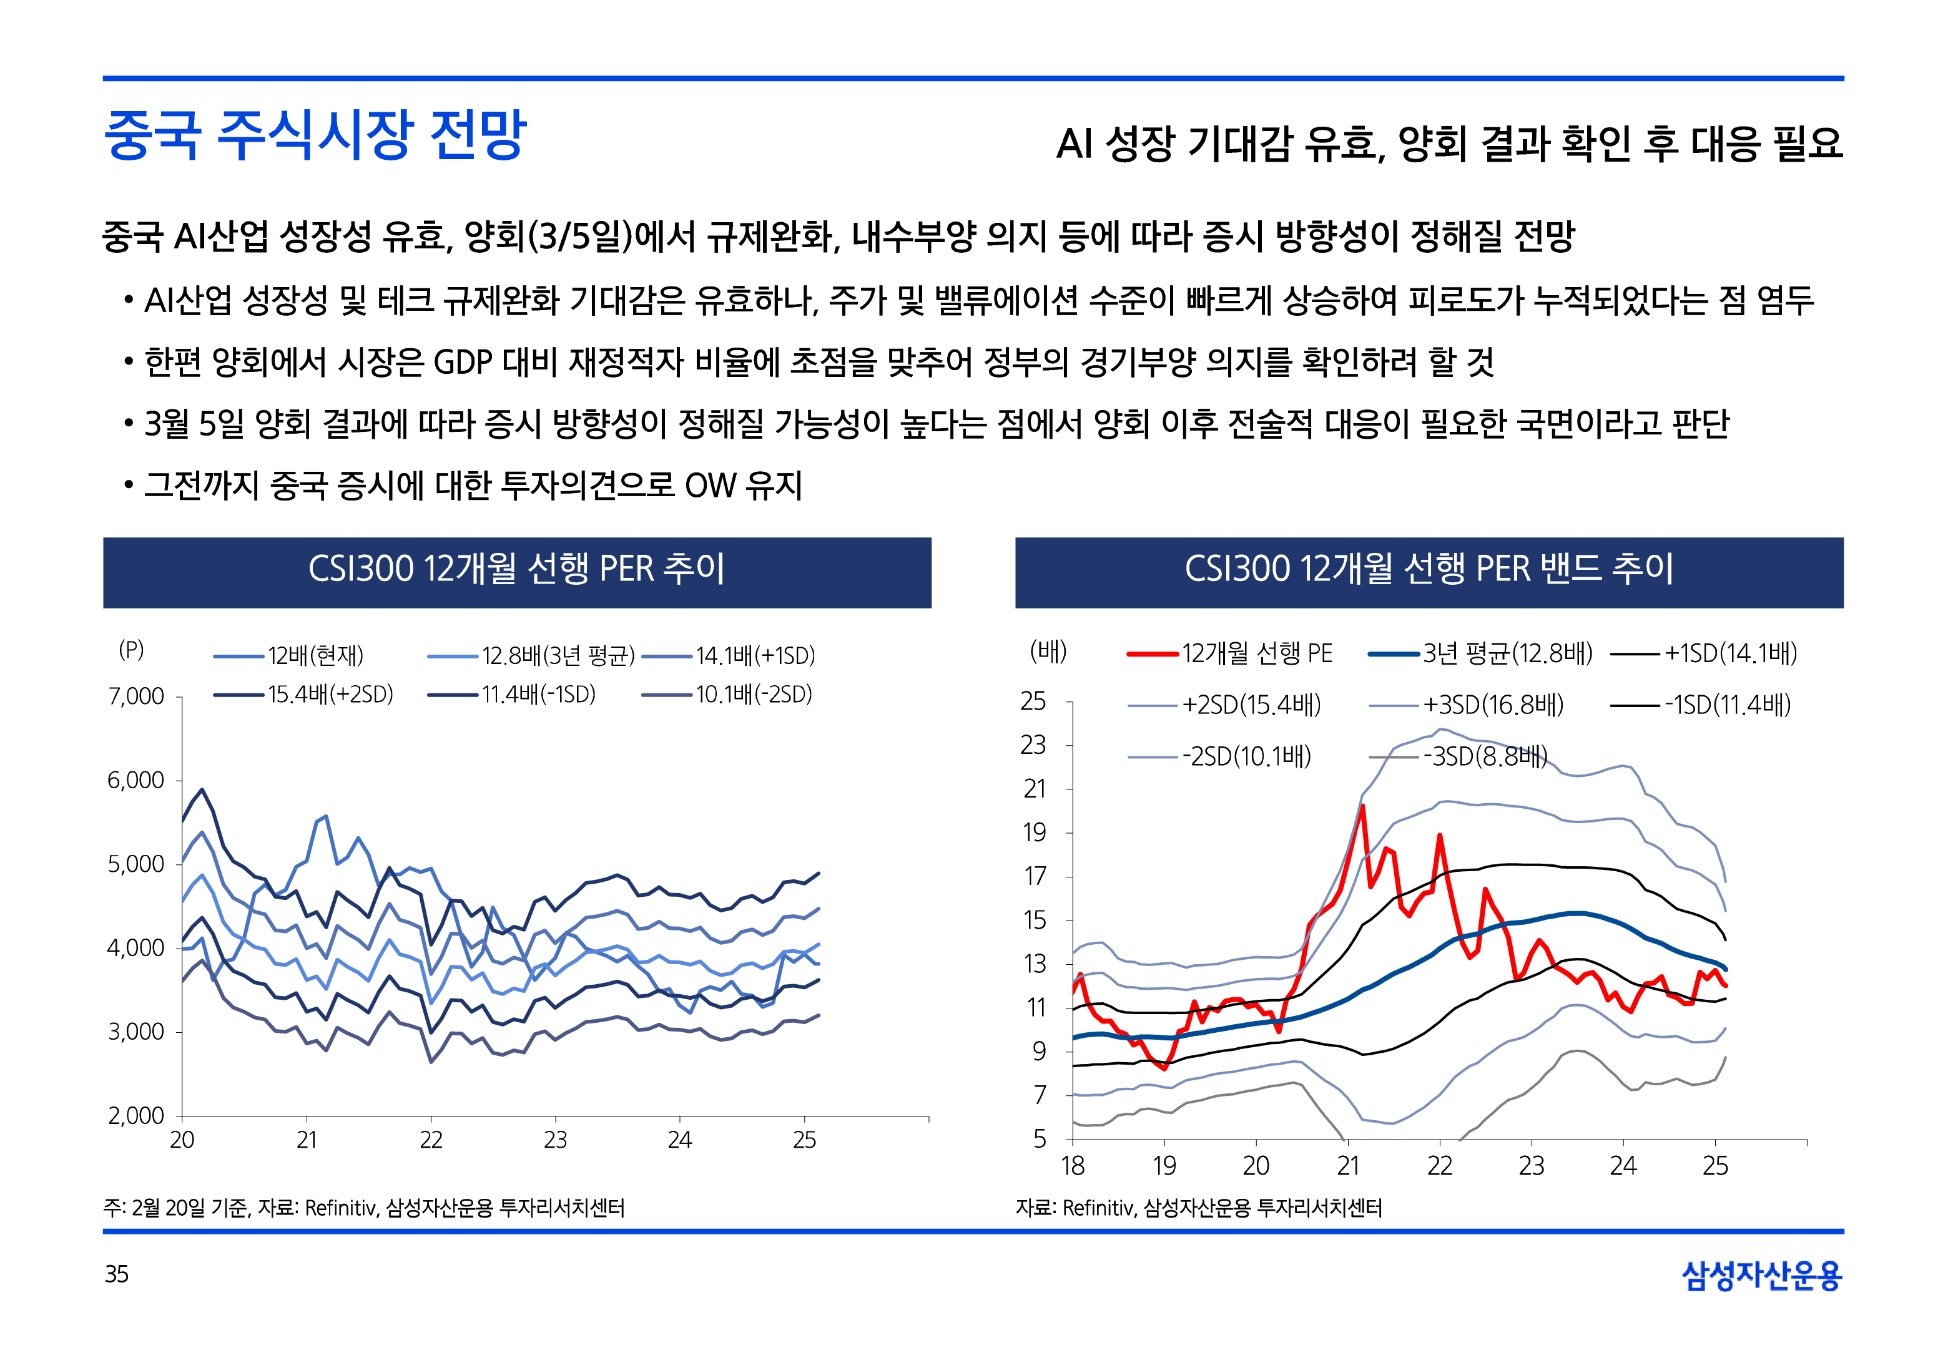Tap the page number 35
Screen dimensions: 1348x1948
tap(117, 1274)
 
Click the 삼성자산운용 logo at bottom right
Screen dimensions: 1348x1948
tap(1761, 1276)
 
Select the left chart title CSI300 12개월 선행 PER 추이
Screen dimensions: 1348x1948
tap(516, 569)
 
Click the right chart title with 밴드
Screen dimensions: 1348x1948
tap(1429, 569)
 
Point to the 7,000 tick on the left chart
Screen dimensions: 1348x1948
tap(136, 697)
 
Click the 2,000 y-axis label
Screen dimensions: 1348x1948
tap(136, 1116)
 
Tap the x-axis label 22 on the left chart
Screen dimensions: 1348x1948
tap(431, 1140)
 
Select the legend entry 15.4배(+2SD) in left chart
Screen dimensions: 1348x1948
tap(330, 694)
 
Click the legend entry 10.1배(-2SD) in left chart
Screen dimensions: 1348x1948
tap(754, 694)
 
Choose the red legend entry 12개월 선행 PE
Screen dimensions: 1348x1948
tap(1256, 653)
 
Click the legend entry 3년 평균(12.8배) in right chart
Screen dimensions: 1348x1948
tap(1507, 653)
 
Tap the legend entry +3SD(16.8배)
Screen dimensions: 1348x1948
tap(1493, 705)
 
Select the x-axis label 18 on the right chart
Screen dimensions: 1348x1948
tap(1072, 1166)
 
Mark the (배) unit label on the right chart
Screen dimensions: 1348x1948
tap(1048, 651)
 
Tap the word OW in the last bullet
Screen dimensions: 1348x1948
tap(711, 486)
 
